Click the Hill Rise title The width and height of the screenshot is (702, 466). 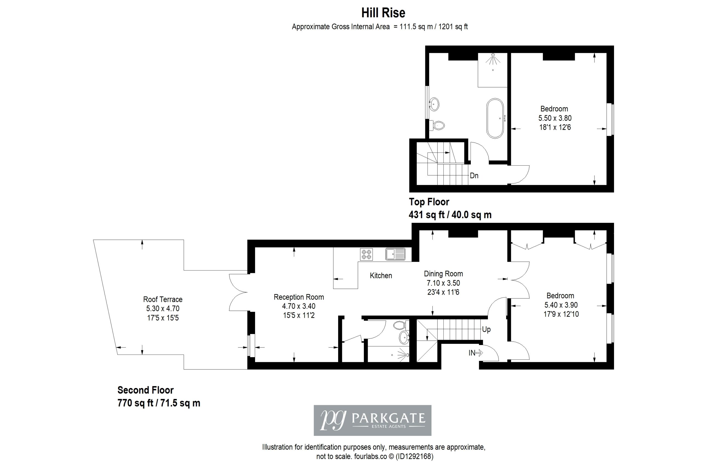click(x=383, y=13)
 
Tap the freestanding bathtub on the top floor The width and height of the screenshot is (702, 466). click(x=495, y=118)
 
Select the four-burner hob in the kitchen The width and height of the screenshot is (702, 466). click(x=366, y=254)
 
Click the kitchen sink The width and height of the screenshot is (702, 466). click(x=395, y=254)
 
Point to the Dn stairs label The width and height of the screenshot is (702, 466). click(x=474, y=176)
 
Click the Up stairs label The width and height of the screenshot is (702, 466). click(x=486, y=329)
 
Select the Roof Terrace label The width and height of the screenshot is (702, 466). click(x=163, y=299)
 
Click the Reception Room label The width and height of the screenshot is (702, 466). click(x=299, y=297)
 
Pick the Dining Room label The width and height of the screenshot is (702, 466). click(x=443, y=274)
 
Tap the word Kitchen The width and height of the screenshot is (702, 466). click(x=381, y=275)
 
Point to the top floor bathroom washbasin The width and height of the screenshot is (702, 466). click(x=434, y=104)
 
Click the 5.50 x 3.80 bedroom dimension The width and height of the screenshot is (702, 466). click(x=555, y=118)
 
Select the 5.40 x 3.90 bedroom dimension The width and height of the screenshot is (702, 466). click(x=561, y=305)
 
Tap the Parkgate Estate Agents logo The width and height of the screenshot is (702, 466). click(x=373, y=420)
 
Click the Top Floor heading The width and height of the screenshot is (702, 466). click(x=429, y=202)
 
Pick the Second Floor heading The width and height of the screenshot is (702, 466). click(x=146, y=390)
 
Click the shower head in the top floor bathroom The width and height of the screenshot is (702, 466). click(x=493, y=59)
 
